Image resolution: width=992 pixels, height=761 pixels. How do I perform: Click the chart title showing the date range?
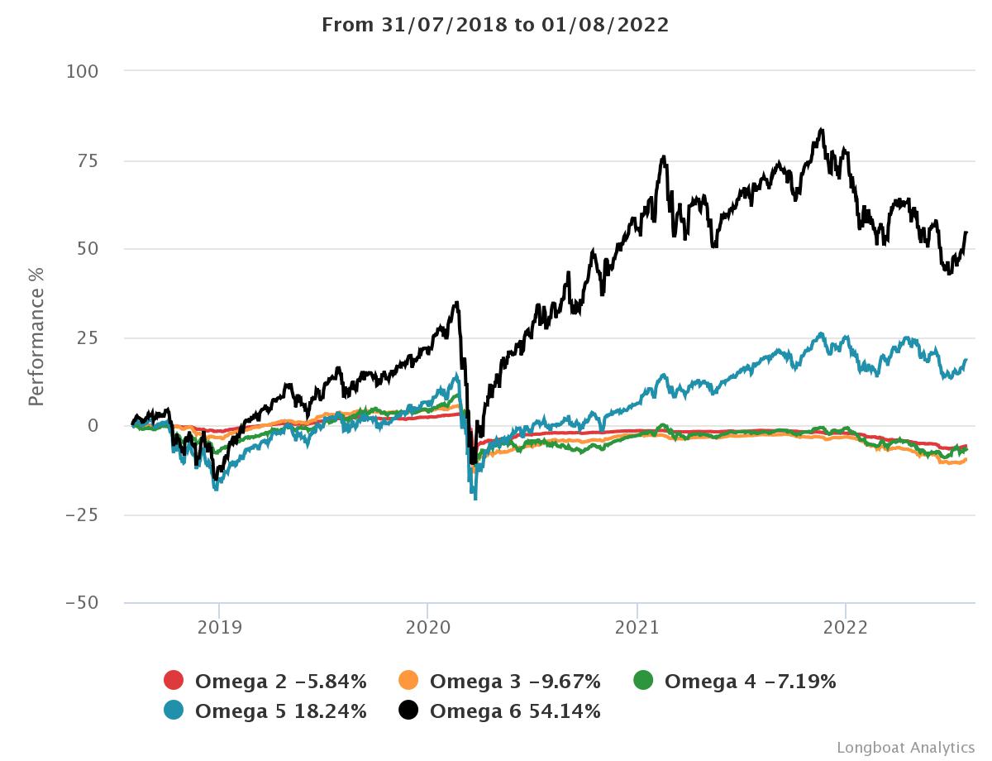[495, 25]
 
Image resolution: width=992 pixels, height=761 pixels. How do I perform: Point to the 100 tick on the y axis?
[82, 72]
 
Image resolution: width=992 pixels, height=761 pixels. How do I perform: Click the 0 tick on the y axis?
[93, 426]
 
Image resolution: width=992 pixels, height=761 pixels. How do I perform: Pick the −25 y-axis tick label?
[82, 515]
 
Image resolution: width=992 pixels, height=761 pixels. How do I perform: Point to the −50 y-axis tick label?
[82, 603]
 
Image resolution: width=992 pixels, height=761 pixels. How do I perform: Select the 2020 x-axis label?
[427, 628]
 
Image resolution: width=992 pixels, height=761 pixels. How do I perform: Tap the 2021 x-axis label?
[637, 628]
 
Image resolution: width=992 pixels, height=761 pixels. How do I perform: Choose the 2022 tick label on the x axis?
[846, 628]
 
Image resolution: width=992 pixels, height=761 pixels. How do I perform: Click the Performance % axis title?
[36, 337]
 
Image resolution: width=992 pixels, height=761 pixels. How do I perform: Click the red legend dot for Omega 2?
[174, 681]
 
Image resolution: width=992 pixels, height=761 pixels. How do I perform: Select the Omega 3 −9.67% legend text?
[515, 682]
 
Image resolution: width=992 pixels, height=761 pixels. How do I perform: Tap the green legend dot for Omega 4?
[643, 681]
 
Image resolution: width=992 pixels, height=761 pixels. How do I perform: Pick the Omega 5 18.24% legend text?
[280, 711]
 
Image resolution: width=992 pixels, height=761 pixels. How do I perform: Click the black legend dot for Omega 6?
[408, 710]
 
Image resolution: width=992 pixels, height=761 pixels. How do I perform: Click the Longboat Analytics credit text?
[905, 747]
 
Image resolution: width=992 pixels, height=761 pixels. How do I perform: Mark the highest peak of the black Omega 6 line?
[821, 129]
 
